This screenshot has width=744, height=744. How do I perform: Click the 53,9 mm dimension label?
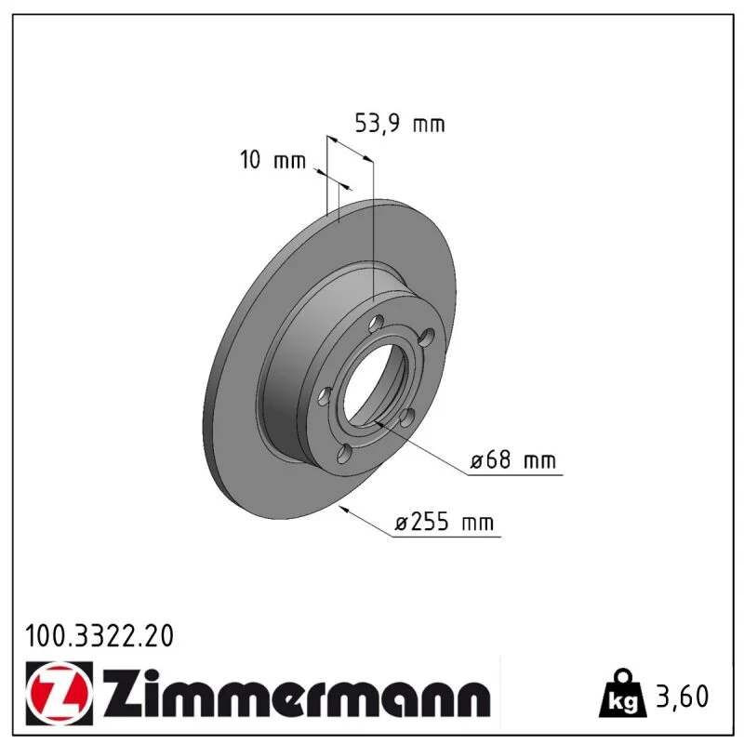[400, 124]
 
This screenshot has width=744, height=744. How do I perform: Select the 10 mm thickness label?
[272, 159]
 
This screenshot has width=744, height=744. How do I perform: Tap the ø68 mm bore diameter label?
[513, 459]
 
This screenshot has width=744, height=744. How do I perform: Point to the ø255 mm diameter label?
[445, 522]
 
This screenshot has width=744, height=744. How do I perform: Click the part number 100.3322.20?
[100, 636]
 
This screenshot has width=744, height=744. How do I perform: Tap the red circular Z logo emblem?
[60, 693]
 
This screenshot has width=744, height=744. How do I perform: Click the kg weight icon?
[622, 694]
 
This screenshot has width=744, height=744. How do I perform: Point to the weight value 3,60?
[682, 696]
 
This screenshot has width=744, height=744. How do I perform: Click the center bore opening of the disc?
[375, 384]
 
